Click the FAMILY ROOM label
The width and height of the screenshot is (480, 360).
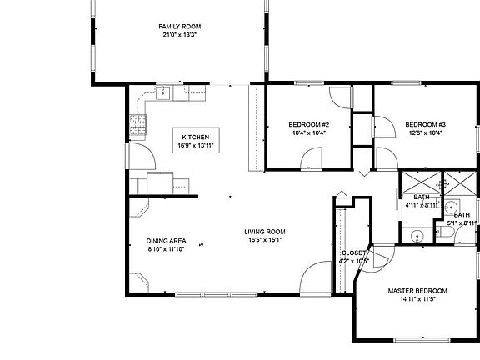click(x=180, y=27)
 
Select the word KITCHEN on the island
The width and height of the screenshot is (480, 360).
click(x=196, y=137)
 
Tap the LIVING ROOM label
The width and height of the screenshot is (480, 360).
click(x=265, y=231)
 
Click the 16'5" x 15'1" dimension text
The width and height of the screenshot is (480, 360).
click(x=265, y=240)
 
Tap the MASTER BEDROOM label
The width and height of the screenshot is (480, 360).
click(x=417, y=291)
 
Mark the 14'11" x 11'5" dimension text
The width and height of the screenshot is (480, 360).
click(x=417, y=300)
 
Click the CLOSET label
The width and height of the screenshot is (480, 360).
click(x=353, y=252)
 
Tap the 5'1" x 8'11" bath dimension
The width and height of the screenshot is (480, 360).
click(x=461, y=222)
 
